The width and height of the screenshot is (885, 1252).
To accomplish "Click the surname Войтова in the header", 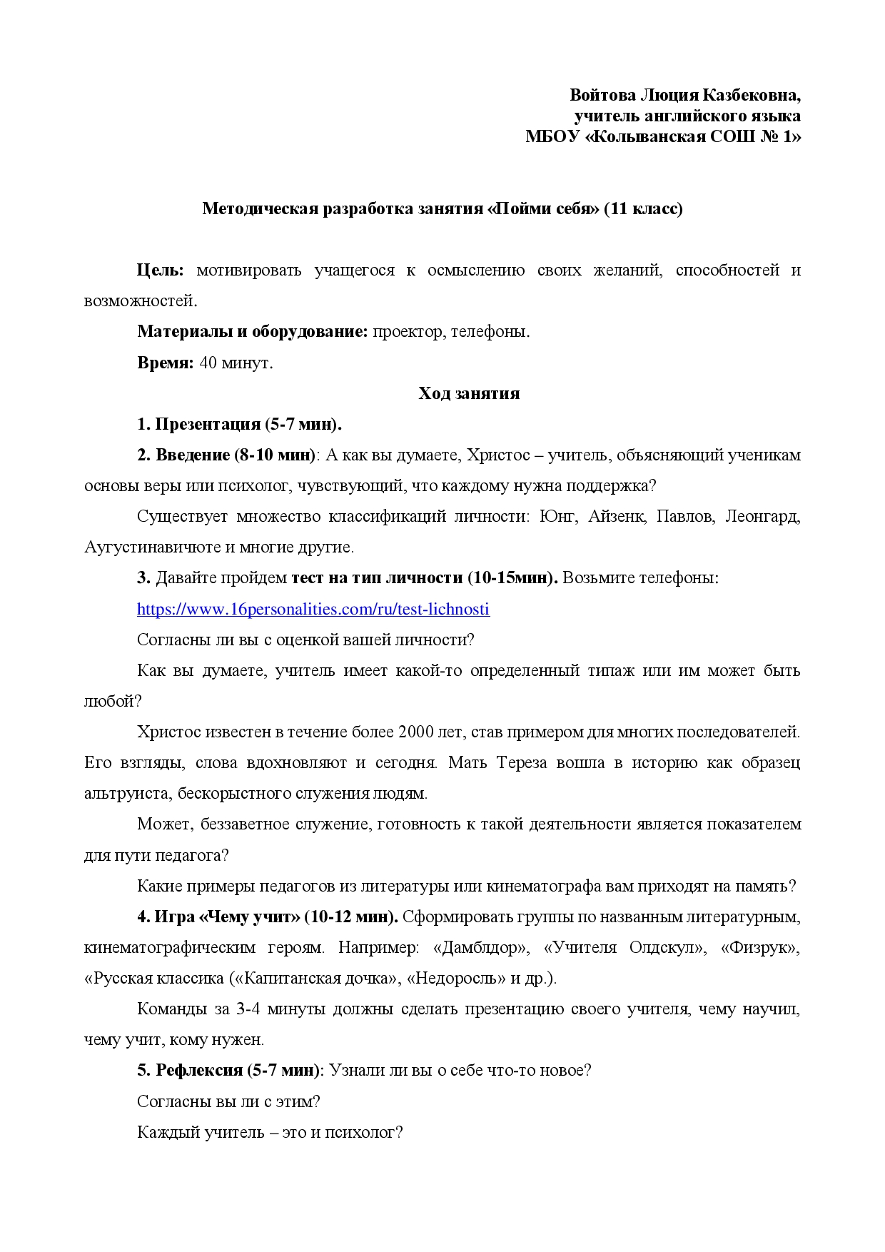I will tap(602, 95).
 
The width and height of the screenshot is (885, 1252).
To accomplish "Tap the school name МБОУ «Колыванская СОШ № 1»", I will tap(663, 136).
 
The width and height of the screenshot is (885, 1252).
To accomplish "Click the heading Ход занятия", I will tap(469, 393).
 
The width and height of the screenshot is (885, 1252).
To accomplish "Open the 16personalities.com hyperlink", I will tap(313, 609).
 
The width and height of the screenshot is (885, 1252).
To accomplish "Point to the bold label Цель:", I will tap(161, 271).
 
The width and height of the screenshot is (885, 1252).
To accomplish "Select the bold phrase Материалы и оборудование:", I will tap(253, 332).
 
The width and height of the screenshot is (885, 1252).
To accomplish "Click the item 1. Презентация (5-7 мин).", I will tap(240, 424).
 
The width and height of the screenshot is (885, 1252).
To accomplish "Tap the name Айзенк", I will tap(616, 516).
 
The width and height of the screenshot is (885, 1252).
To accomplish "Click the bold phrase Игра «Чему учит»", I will tap(227, 917).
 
